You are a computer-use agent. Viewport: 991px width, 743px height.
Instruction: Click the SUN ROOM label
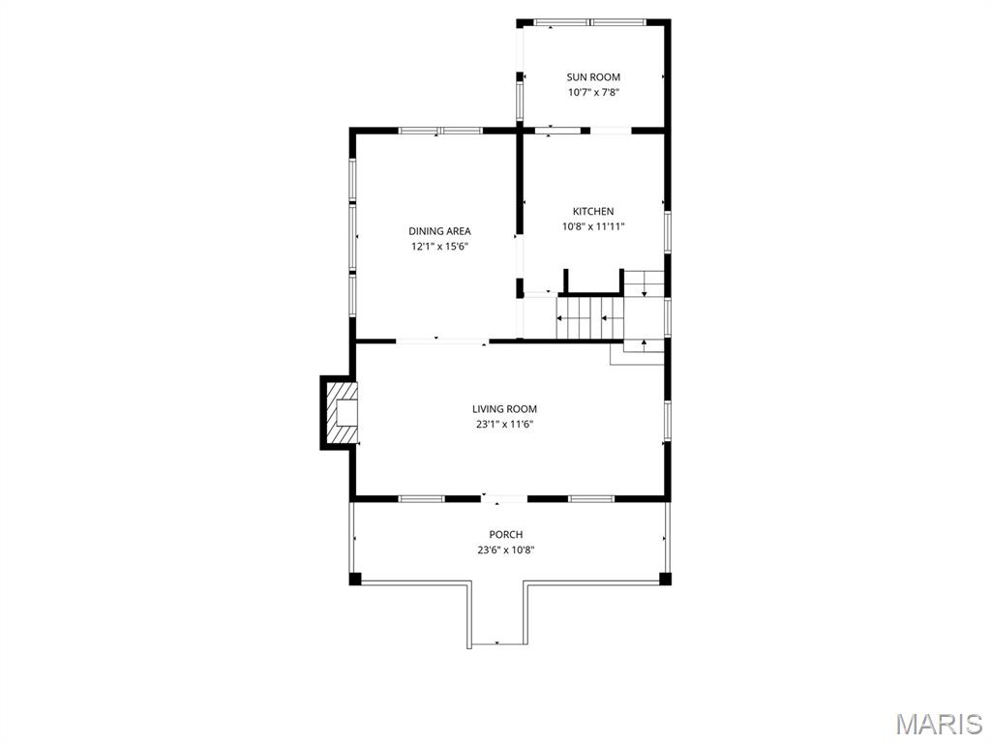pos(593,77)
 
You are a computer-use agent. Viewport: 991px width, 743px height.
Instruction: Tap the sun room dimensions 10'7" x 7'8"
pos(593,93)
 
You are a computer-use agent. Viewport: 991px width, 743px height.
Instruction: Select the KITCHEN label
pos(593,212)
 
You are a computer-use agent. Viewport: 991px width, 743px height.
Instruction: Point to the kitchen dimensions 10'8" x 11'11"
pos(593,227)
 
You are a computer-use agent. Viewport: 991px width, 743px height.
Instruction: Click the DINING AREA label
pos(439,231)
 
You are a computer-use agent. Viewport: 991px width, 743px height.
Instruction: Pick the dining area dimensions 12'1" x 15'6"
pos(439,247)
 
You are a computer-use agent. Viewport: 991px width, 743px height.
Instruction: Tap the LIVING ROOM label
pos(504,409)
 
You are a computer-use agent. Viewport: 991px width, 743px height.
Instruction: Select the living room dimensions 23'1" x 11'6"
pos(504,425)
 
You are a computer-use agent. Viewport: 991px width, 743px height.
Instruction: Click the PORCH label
pos(505,535)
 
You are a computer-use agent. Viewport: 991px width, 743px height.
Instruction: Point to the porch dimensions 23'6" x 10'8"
pos(505,550)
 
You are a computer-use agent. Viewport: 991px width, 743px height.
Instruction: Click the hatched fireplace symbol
pos(340,413)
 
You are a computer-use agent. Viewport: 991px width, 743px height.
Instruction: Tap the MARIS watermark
pos(939,724)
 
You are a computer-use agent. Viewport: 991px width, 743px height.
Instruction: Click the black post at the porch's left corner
pos(355,579)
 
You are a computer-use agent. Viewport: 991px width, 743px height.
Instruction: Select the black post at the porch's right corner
pos(665,579)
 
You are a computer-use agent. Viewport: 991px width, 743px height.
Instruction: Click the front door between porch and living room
pos(504,499)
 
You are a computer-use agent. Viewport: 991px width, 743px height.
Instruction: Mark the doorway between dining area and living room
pos(442,341)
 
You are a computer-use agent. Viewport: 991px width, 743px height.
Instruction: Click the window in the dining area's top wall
pos(441,130)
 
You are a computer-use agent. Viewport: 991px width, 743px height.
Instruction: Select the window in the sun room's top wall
pos(591,21)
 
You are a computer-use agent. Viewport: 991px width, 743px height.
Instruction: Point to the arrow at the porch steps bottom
pos(497,642)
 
